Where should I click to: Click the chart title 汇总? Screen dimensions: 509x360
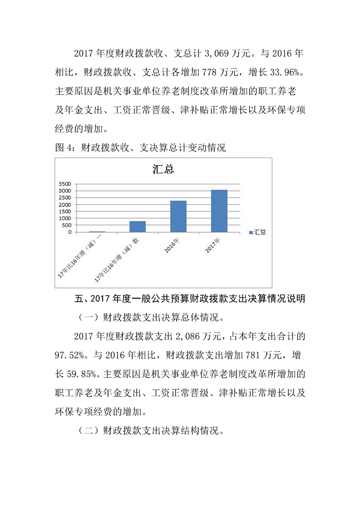tap(163, 170)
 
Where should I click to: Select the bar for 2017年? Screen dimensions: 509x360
tap(219, 211)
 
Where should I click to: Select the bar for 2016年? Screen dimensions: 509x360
tap(178, 216)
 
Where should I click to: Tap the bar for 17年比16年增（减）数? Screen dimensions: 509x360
tap(137, 226)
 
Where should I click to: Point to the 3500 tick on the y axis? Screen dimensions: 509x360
tap(65, 184)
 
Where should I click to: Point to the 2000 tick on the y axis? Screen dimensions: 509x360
tap(65, 205)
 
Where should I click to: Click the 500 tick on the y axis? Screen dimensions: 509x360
tap(66, 225)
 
